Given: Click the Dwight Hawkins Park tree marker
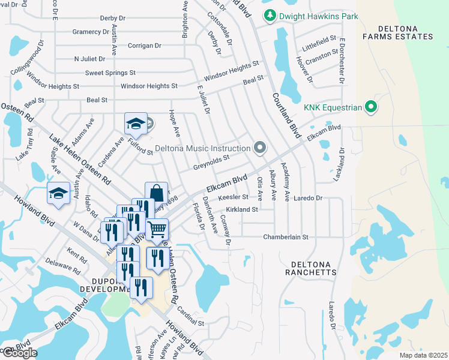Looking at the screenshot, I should (x=270, y=15).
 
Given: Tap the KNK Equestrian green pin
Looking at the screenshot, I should (x=371, y=107).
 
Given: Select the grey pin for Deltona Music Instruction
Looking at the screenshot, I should (x=259, y=148).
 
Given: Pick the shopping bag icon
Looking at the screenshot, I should (x=156, y=193).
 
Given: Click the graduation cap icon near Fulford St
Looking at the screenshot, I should (x=136, y=124).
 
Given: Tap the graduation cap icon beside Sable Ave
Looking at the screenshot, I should (x=58, y=193).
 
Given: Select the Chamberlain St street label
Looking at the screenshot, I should (x=285, y=237).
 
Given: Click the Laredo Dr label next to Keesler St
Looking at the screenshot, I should (x=309, y=197).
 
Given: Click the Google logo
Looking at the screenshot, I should (x=19, y=353).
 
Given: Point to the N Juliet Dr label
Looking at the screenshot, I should (x=89, y=59).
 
